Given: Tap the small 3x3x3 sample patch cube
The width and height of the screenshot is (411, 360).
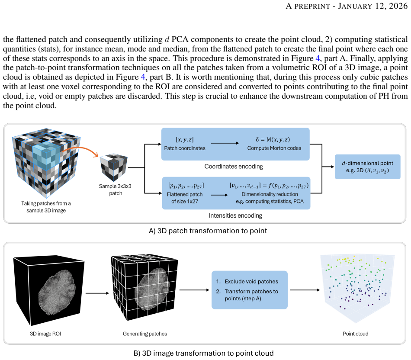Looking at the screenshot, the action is click(113, 167).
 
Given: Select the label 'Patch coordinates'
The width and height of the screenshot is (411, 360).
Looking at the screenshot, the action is click(185, 148).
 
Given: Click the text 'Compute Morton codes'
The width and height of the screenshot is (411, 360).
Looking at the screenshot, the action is click(274, 148).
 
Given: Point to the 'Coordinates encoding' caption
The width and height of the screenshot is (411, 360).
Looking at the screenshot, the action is click(234, 167).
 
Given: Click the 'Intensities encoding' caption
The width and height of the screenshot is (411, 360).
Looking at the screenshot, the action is click(235, 215).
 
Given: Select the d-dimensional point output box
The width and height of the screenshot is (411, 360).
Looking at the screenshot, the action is click(367, 167).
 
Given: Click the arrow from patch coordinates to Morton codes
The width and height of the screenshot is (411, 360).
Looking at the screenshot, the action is click(225, 143).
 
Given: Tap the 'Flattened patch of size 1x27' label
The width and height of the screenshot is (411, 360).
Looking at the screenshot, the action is click(185, 198).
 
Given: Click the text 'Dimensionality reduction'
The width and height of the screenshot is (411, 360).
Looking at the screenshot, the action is click(270, 194).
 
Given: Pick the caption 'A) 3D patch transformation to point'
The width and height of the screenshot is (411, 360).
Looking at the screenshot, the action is click(208, 231).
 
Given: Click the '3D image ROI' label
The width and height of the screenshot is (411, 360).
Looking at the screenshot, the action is click(45, 334).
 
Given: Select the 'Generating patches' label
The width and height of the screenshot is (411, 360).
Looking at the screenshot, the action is click(145, 334).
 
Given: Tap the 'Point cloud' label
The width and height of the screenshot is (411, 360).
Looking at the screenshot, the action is click(356, 334).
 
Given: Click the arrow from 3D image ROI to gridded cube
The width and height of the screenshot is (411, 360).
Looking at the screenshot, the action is click(97, 293).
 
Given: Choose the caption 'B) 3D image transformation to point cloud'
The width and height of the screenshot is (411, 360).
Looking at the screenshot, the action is click(204, 353).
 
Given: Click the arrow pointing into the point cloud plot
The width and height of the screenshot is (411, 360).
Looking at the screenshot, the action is click(305, 290).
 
